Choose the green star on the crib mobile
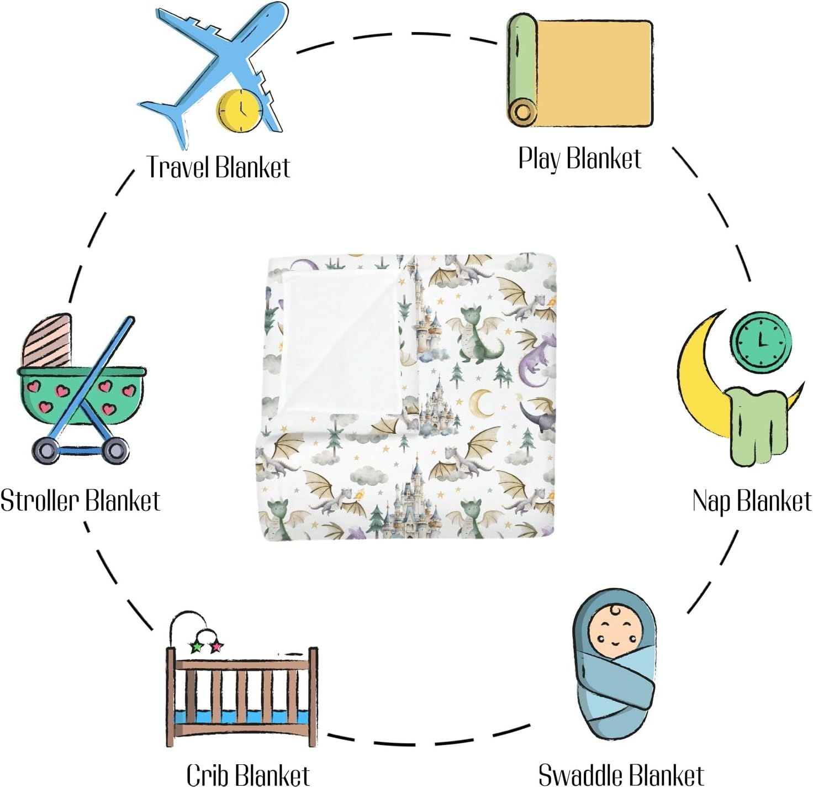196,646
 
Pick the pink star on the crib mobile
216,645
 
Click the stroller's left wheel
45,450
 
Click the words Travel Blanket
218,167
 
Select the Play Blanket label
580,159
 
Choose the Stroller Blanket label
81,501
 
